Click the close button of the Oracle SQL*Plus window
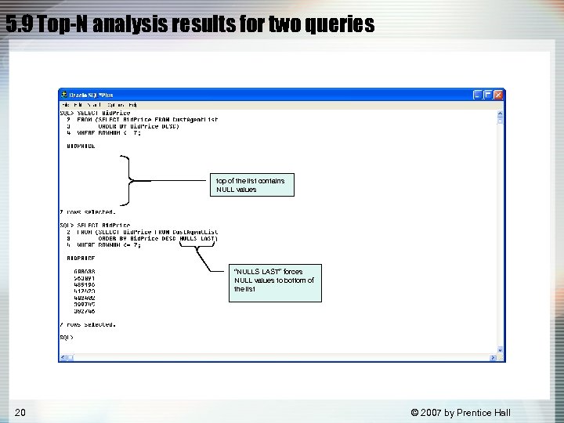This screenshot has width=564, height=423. (499, 94)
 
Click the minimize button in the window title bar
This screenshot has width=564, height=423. (476, 94)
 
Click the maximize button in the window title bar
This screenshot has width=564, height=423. (487, 94)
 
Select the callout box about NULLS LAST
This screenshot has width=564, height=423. (276, 280)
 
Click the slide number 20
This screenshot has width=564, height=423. (20, 412)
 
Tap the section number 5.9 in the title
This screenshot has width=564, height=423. (19, 25)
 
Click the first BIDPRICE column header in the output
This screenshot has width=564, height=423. (81, 146)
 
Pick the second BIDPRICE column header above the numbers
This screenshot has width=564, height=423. (81, 258)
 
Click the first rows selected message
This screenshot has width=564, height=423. (88, 211)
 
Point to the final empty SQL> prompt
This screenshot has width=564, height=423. (67, 338)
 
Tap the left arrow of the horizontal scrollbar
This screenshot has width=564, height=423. (63, 358)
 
